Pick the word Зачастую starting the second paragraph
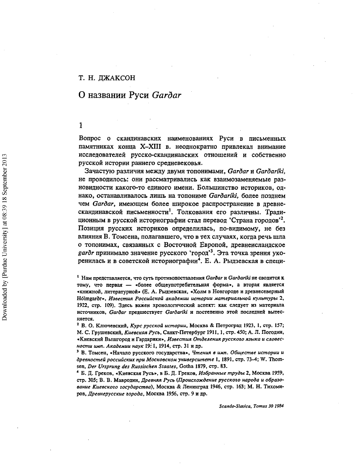(102, 171)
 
